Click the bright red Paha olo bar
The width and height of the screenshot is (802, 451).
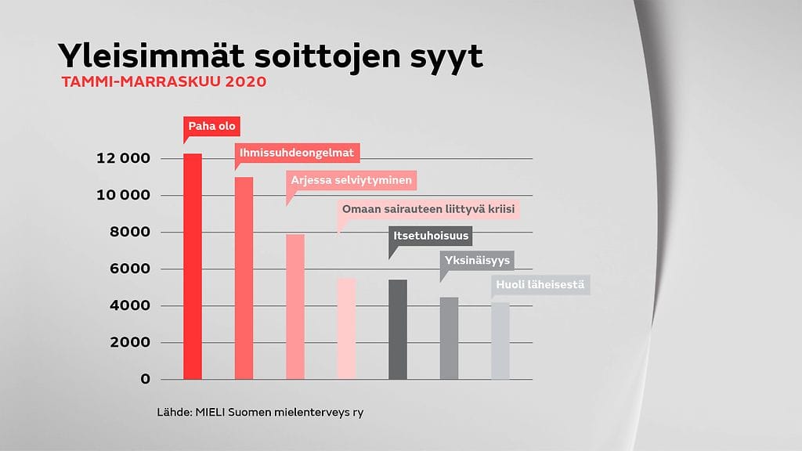pyautogui.click(x=192, y=266)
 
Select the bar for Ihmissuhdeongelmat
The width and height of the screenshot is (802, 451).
pyautogui.click(x=244, y=278)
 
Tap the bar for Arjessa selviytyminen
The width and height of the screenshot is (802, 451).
pyautogui.click(x=295, y=306)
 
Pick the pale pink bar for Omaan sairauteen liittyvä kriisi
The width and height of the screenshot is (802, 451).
pyautogui.click(x=346, y=329)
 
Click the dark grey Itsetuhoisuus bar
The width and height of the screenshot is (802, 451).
pyautogui.click(x=397, y=329)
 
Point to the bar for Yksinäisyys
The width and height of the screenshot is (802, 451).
pyautogui.click(x=449, y=338)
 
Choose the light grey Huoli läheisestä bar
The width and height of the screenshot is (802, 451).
pyautogui.click(x=500, y=341)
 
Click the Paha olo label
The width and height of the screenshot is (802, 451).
pyautogui.click(x=212, y=126)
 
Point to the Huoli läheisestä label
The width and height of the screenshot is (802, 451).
pyautogui.click(x=540, y=284)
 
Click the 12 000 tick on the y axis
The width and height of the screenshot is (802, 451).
pyautogui.click(x=123, y=159)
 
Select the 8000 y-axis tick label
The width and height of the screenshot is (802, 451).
pyautogui.click(x=128, y=233)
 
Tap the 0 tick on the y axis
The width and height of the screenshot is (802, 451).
pyautogui.click(x=145, y=380)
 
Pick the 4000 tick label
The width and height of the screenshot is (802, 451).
pyautogui.click(x=128, y=306)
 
